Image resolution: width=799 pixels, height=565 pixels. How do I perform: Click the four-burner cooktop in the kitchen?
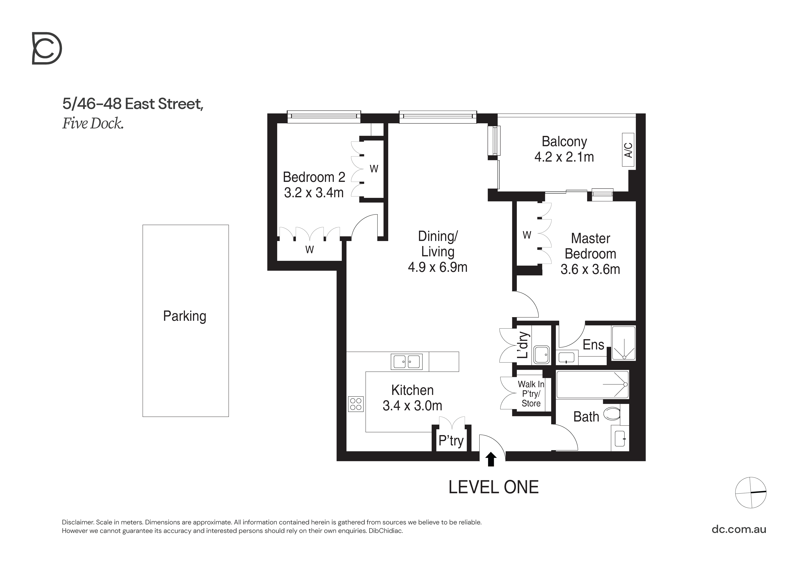tap(356, 404)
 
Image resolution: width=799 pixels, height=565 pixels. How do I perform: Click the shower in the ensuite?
tap(624, 343)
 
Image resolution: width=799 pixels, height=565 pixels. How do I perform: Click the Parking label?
tap(185, 316)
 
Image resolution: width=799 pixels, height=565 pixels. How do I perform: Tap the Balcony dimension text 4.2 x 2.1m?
tap(564, 157)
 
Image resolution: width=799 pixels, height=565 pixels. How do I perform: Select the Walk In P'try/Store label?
tap(531, 394)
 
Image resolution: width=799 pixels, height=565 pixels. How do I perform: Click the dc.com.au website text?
tap(739, 529)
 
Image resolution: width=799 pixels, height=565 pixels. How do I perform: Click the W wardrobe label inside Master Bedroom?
tap(527, 235)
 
